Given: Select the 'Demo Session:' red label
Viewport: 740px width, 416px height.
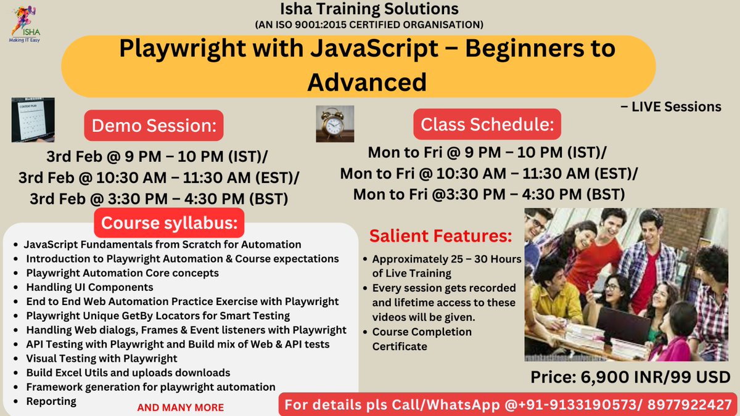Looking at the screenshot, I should pyautogui.click(x=154, y=126).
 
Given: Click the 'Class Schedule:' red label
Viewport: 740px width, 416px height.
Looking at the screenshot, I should pyautogui.click(x=487, y=124).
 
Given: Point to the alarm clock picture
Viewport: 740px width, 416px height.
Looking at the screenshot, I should pyautogui.click(x=335, y=124).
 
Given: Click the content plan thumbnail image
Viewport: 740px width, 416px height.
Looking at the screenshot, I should pyautogui.click(x=33, y=120).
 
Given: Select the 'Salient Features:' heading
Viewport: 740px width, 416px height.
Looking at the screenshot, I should pyautogui.click(x=440, y=235).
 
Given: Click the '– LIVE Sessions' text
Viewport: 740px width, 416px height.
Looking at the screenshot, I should pyautogui.click(x=672, y=107).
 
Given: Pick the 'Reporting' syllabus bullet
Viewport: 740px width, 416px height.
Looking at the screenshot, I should pyautogui.click(x=51, y=401).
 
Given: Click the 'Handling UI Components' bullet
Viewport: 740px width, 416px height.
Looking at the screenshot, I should pyautogui.click(x=89, y=287).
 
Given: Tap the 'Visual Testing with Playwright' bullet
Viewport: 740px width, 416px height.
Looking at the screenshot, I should pyautogui.click(x=102, y=358).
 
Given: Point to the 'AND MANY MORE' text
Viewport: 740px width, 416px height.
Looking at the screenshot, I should pyautogui.click(x=180, y=407).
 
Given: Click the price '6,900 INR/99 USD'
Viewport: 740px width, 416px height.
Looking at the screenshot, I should pyautogui.click(x=631, y=377).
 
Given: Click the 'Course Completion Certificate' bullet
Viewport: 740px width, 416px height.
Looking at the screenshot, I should pyautogui.click(x=422, y=339).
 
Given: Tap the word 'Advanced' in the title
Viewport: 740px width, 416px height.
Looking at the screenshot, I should pyautogui.click(x=367, y=81).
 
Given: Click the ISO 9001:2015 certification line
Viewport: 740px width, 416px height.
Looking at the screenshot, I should pyautogui.click(x=369, y=25).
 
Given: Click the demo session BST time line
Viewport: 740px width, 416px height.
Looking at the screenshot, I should pyautogui.click(x=158, y=199).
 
